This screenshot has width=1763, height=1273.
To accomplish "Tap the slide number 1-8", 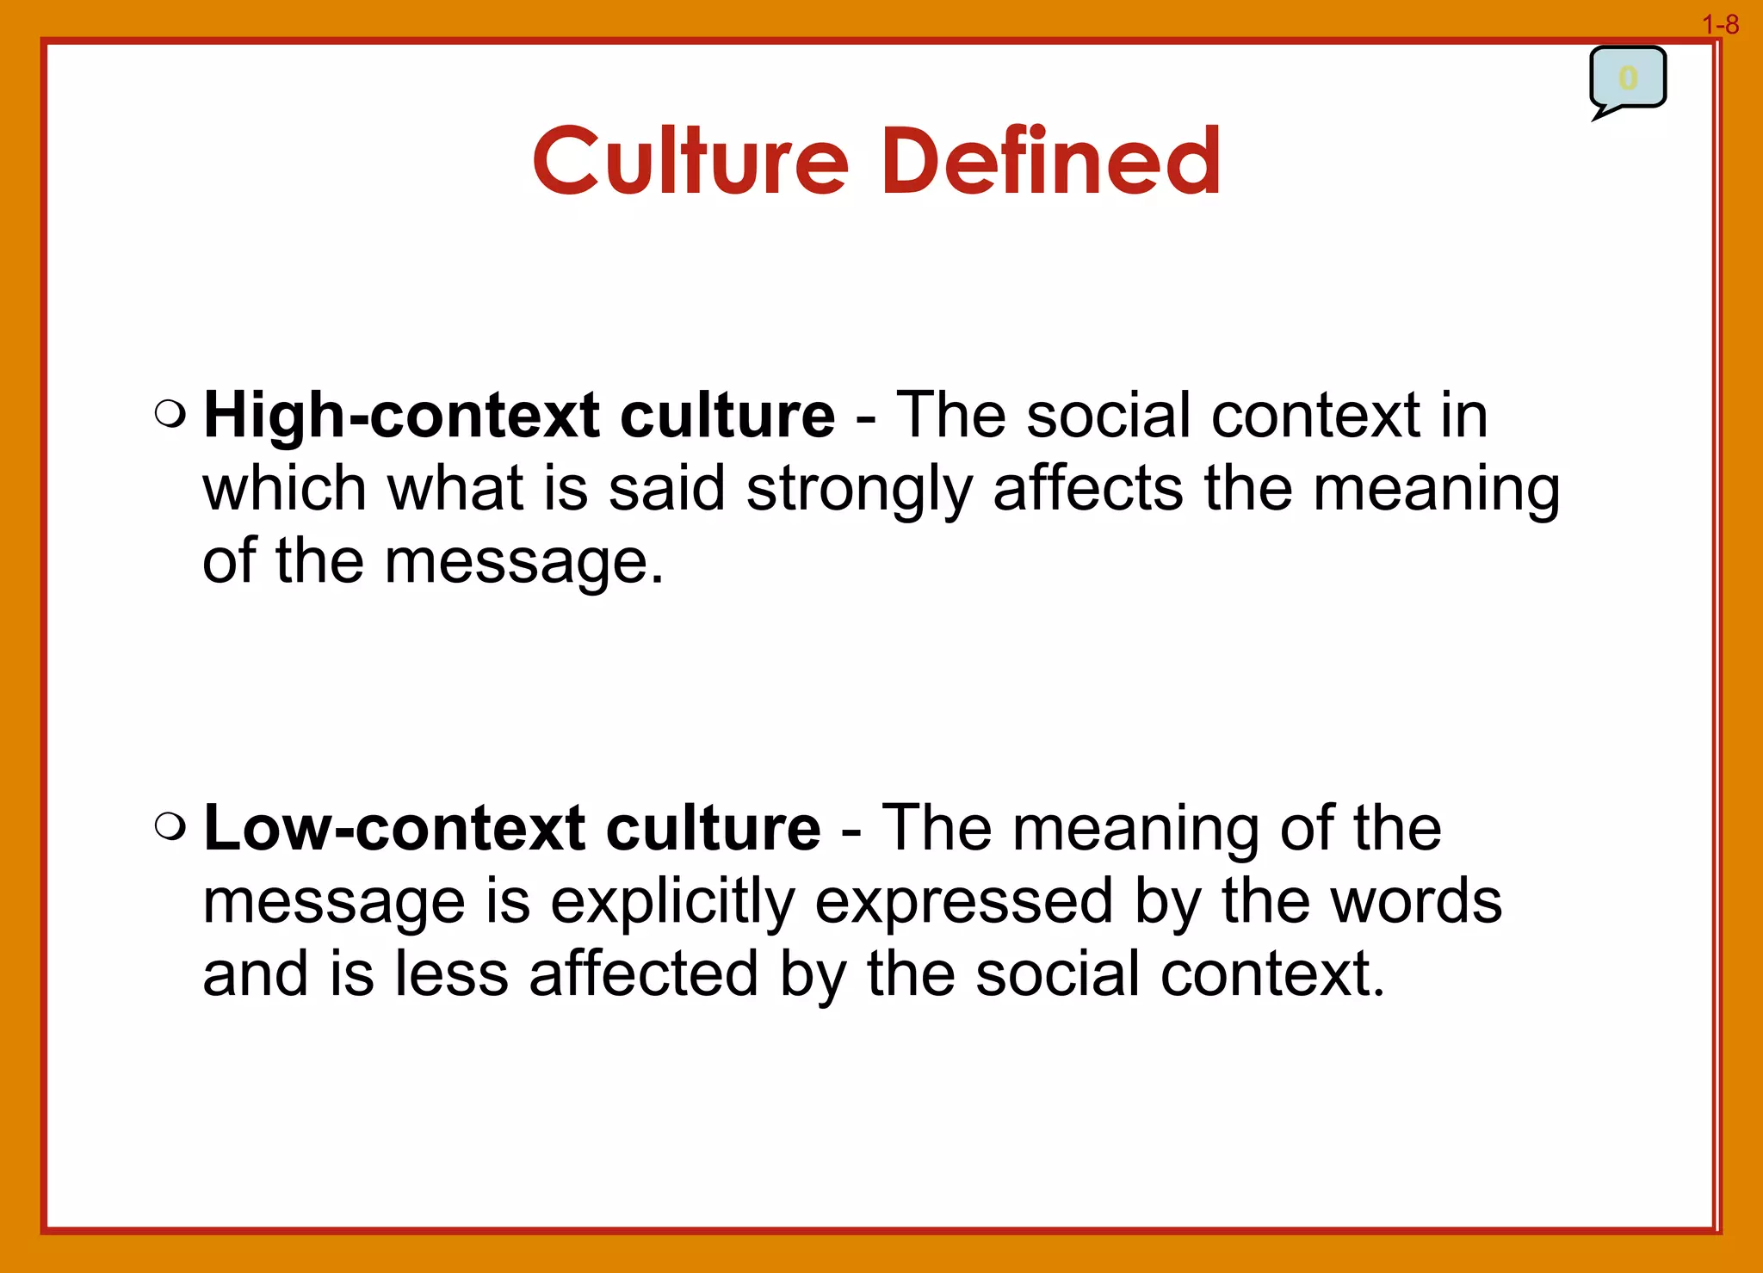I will [x=1720, y=25].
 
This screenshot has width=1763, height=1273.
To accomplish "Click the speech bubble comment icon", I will [x=1627, y=80].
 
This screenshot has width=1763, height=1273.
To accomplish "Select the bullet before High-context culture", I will [x=170, y=414].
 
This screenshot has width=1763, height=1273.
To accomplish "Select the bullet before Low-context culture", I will [x=170, y=827].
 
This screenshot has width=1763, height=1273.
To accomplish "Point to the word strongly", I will [x=858, y=490].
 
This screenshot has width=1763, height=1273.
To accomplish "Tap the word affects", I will [x=1088, y=488].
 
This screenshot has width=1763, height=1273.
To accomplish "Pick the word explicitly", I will [x=672, y=903].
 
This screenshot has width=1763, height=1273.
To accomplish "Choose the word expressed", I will [x=964, y=903].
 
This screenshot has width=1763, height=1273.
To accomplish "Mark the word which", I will [x=284, y=488].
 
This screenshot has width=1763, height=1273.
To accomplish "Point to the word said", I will [x=667, y=488].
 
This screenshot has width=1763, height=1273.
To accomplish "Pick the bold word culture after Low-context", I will [x=713, y=829].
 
